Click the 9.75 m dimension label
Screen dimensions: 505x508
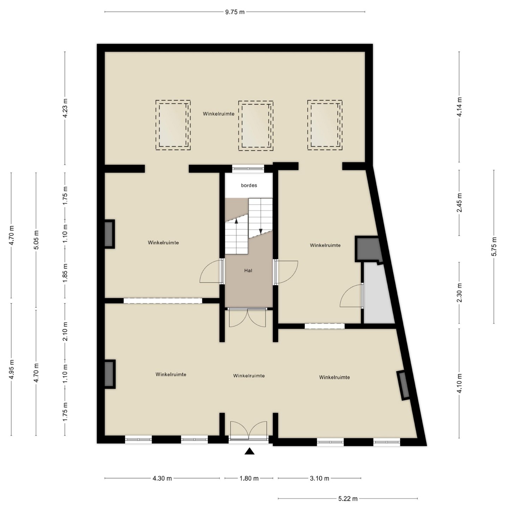pos(235,12)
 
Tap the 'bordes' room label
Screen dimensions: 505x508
pos(249,185)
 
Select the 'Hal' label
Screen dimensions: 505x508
pos(248,271)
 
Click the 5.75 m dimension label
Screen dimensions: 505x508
pos(494,247)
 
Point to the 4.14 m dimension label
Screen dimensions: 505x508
pos(459,107)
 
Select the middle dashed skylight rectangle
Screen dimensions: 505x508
pos(255,126)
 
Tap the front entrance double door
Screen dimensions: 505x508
pos(248,430)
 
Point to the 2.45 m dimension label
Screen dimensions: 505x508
pos(459,203)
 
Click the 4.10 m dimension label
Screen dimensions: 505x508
pos(459,383)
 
